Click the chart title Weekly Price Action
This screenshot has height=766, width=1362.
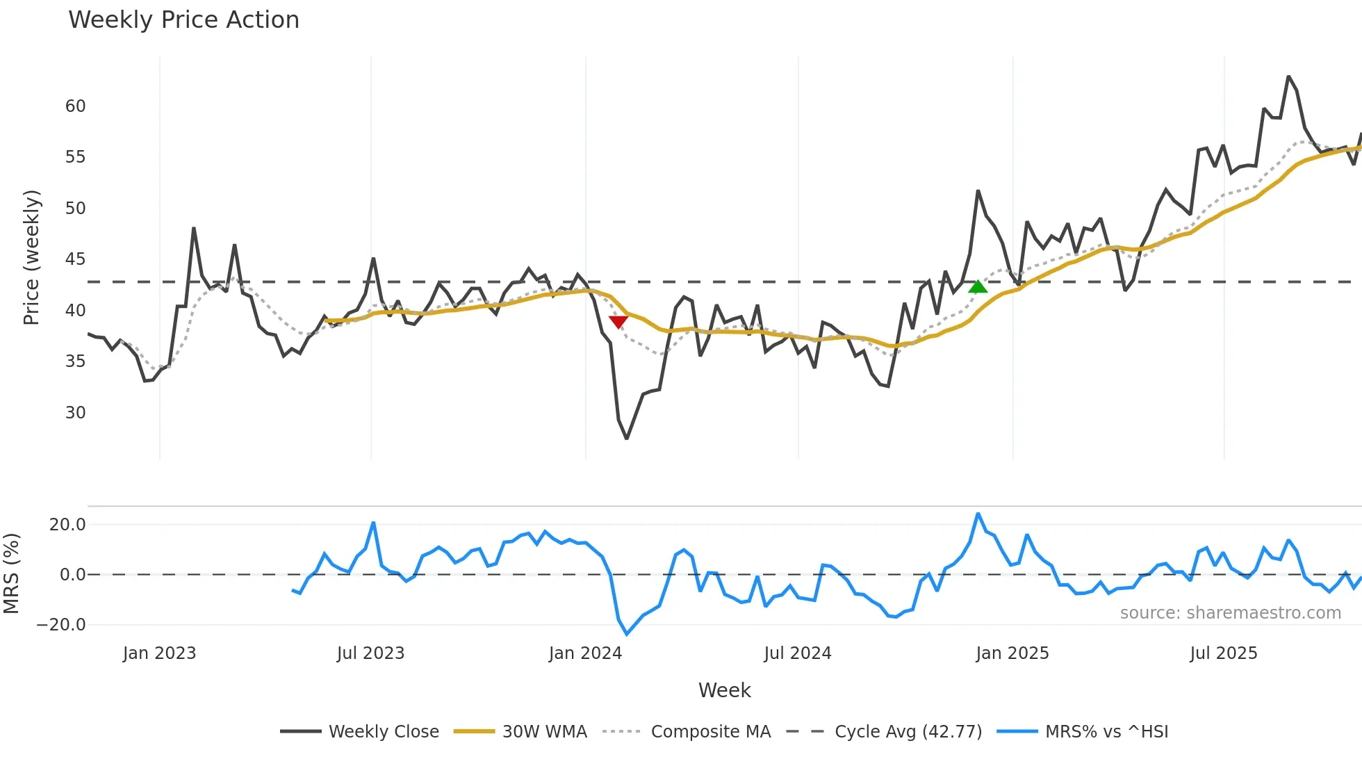pyautogui.click(x=183, y=20)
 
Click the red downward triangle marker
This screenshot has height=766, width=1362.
pyautogui.click(x=618, y=321)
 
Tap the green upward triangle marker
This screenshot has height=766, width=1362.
pyautogui.click(x=978, y=286)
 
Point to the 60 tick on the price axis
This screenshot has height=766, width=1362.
pyautogui.click(x=75, y=106)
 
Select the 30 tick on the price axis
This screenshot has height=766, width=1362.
pyautogui.click(x=75, y=413)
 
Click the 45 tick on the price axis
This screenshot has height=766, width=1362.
pyautogui.click(x=75, y=259)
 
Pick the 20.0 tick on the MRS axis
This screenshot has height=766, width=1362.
pyautogui.click(x=67, y=525)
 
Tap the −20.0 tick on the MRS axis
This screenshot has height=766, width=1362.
pyautogui.click(x=61, y=625)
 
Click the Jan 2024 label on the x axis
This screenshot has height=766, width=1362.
pyautogui.click(x=585, y=653)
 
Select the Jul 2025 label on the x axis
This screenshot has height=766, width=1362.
pyautogui.click(x=1224, y=653)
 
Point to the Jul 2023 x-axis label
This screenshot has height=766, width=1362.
pyautogui.click(x=370, y=653)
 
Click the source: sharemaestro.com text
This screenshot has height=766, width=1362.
pyautogui.click(x=1230, y=613)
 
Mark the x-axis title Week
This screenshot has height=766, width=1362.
pyautogui.click(x=724, y=690)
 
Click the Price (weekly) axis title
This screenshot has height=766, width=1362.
pyautogui.click(x=32, y=257)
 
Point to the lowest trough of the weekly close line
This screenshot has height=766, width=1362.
pyautogui.click(x=626, y=438)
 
